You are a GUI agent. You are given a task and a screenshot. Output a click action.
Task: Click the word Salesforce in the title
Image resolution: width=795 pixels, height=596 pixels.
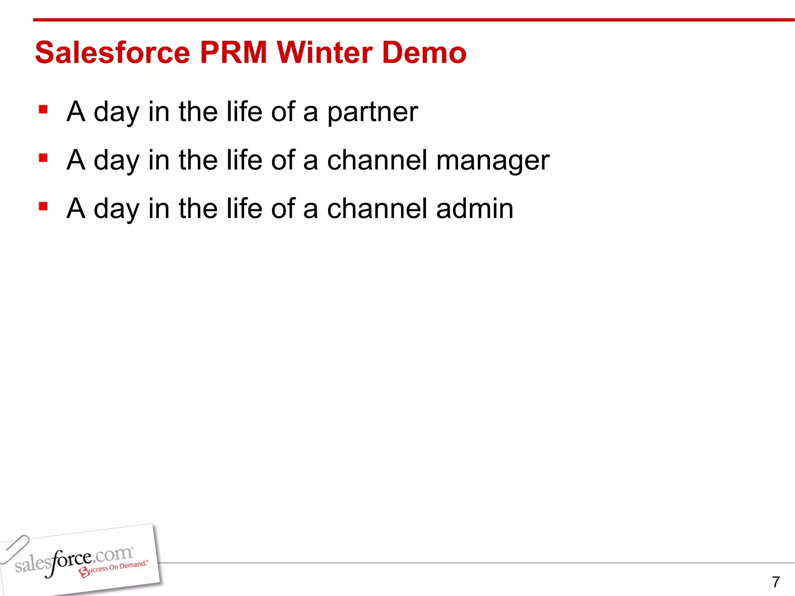tap(113, 53)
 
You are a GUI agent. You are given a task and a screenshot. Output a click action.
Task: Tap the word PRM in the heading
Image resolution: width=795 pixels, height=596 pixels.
tap(233, 53)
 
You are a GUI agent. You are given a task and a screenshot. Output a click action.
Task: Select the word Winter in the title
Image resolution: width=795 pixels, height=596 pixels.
tap(324, 53)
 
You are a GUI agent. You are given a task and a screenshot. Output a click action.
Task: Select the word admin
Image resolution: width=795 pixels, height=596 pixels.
tap(474, 209)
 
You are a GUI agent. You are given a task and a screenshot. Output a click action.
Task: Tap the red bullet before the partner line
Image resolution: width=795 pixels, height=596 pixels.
tap(43, 110)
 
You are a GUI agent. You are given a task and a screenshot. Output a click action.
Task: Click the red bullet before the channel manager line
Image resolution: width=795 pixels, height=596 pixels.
tap(43, 158)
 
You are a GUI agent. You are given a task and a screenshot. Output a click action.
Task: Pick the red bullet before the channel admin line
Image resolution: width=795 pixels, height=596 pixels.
tap(43, 206)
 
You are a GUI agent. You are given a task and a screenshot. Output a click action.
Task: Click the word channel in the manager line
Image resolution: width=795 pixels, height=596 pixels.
tap(377, 160)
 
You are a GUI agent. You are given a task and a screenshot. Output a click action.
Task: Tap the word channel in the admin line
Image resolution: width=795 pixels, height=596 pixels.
tap(377, 209)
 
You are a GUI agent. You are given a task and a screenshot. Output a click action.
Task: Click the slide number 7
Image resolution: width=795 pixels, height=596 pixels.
tap(776, 582)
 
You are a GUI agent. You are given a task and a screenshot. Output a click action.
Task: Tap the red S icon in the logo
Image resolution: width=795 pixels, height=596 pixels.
tap(84, 572)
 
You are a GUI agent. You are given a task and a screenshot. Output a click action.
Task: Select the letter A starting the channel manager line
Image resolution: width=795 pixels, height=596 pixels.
tap(76, 160)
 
